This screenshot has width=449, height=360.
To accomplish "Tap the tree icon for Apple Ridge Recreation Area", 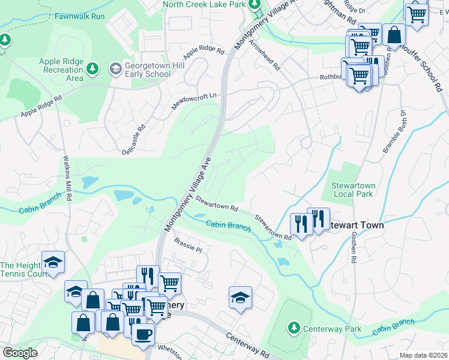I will click(x=93, y=68).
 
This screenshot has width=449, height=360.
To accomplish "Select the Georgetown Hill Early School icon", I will click(x=114, y=69).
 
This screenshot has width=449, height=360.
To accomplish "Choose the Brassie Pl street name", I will click(x=188, y=245).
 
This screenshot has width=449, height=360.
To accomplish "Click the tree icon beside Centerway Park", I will click(x=294, y=328).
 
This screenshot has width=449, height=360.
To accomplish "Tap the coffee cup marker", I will click(x=143, y=334).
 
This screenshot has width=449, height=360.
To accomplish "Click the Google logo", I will click(x=20, y=353).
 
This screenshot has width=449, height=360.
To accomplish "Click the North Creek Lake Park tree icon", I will click(x=255, y=5).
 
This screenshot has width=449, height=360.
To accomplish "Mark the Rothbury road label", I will click(x=330, y=77).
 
